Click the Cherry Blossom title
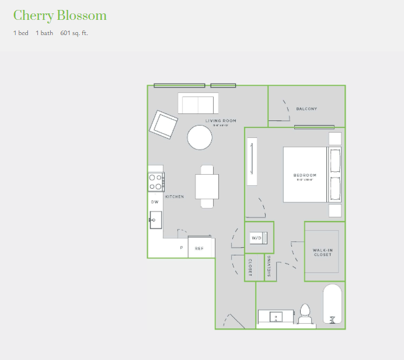[x=60, y=15]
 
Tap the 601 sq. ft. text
[x=74, y=33]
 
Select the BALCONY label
[x=307, y=109]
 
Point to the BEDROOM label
[x=305, y=175]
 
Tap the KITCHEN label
[x=175, y=197]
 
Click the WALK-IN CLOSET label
[x=322, y=252]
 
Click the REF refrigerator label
[x=199, y=248]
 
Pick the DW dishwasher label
[x=155, y=202]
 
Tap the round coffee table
[x=200, y=137]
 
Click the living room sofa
[x=198, y=103]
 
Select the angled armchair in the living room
[x=163, y=124]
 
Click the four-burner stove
[x=156, y=182]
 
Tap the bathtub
[x=333, y=304]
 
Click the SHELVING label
[x=269, y=266]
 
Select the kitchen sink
[x=155, y=220]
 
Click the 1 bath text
[x=44, y=33]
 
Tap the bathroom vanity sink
[x=276, y=317]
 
